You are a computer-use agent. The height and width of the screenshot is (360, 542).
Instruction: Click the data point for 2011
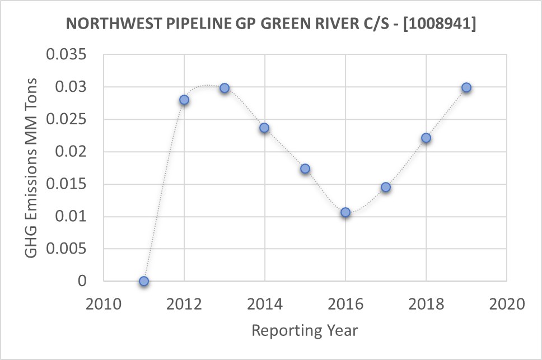pos(144,281)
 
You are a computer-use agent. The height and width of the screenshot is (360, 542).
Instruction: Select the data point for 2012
pos(184,100)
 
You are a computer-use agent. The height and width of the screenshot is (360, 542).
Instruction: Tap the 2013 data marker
pos(225,88)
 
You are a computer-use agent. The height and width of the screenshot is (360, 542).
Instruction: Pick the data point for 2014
pos(264,128)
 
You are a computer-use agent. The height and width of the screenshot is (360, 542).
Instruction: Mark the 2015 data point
pos(305,169)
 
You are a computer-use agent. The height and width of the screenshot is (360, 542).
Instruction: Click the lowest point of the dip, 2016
pos(345,212)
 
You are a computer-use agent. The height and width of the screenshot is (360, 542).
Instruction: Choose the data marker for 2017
pos(386,187)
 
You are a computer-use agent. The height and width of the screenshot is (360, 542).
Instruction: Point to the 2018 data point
pos(426,138)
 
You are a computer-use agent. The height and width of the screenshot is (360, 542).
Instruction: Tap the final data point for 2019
pos(466,87)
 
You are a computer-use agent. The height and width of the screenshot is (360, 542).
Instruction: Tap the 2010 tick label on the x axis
pos(104,305)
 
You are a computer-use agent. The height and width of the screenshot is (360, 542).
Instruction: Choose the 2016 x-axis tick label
pos(345,305)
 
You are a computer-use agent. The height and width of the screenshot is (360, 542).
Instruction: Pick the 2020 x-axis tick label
pos(507,305)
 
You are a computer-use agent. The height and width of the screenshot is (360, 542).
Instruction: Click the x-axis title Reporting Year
pos(305,330)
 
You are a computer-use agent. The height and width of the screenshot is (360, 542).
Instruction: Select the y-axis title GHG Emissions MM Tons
pos(32,168)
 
